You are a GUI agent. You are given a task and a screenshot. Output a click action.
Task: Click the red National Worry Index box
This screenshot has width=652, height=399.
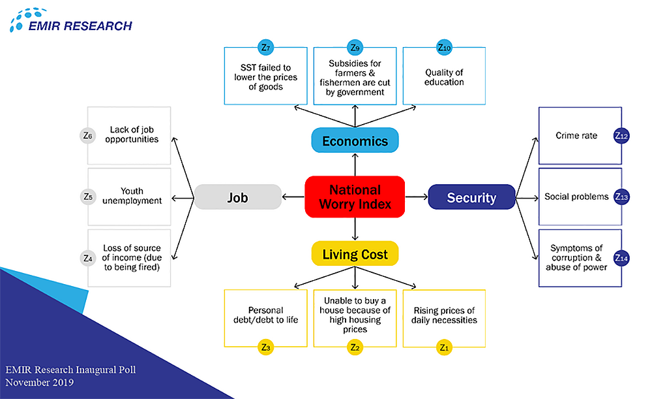click(355, 197)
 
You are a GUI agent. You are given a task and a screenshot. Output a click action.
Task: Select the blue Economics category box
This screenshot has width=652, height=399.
click(355, 141)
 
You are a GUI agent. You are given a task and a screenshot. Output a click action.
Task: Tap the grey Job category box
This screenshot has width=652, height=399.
click(238, 197)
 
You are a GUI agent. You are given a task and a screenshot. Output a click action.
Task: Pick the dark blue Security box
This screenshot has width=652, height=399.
click(471, 197)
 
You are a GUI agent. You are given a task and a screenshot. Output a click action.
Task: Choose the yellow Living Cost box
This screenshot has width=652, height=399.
click(355, 254)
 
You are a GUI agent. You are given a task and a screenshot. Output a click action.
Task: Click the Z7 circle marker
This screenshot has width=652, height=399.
click(265, 47)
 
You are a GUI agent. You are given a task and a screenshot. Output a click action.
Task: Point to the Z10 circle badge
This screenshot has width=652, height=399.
click(444, 47)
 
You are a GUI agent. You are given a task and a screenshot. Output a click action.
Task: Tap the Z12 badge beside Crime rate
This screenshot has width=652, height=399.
click(621, 136)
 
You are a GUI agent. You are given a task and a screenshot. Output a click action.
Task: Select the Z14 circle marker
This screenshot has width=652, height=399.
click(621, 258)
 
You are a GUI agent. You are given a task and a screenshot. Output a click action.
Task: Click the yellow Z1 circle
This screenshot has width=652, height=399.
click(444, 347)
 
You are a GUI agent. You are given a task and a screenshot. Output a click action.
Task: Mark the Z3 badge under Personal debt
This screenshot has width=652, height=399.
click(265, 347)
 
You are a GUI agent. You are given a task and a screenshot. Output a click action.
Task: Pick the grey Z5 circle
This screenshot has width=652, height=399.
click(88, 197)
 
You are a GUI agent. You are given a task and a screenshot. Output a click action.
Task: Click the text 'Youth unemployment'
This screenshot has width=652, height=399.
click(132, 197)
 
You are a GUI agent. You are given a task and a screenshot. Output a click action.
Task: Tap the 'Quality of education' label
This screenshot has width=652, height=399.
click(444, 78)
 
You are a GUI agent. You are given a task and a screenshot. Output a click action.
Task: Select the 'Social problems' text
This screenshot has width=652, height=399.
click(576, 197)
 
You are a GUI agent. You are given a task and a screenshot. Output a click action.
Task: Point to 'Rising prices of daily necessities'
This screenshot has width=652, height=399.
click(444, 315)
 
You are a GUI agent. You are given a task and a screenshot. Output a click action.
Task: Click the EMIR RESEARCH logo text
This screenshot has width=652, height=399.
click(80, 26)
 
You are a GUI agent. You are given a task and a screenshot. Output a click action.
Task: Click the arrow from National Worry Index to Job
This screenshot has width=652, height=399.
click(293, 197)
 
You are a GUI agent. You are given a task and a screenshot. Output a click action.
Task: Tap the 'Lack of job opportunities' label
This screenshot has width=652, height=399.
click(134, 135)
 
